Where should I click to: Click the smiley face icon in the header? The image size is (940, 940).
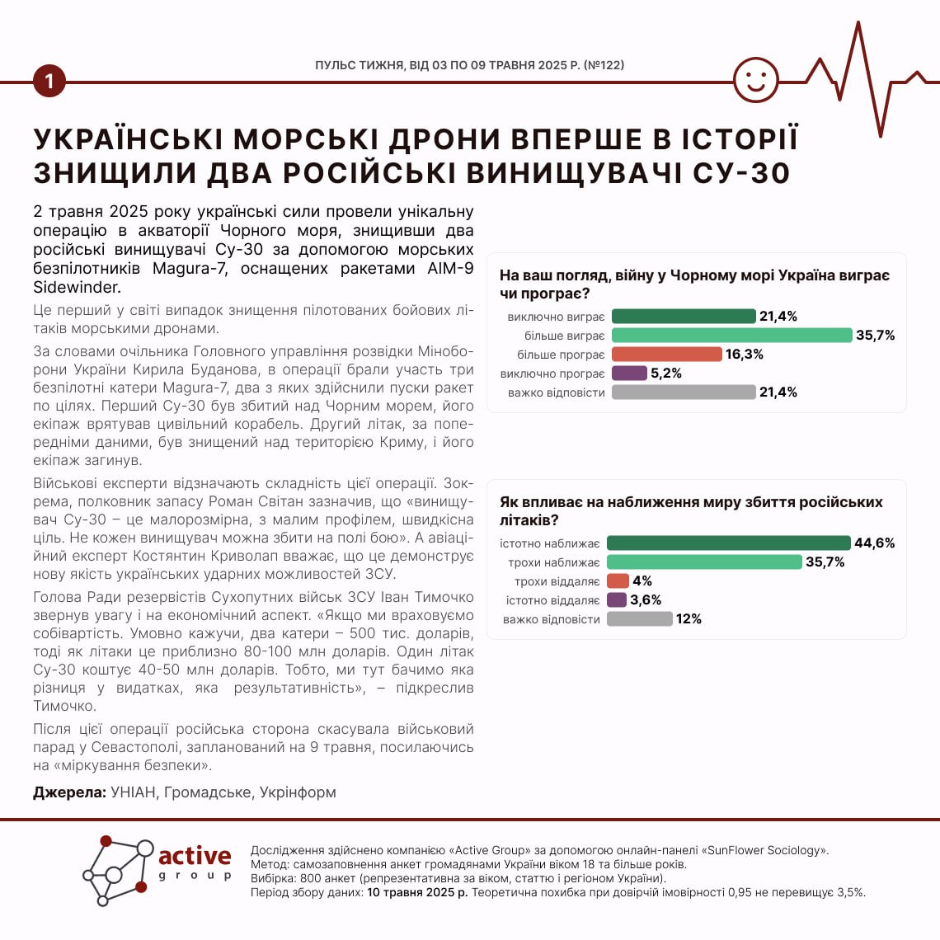[755, 80]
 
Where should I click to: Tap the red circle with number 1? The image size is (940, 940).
[49, 81]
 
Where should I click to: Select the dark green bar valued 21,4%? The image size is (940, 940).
[684, 317]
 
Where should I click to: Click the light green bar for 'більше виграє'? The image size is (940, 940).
[731, 336]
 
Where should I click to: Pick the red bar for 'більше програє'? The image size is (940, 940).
[666, 355]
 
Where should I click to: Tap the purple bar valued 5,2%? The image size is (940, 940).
[629, 374]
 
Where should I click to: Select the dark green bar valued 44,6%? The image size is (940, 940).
[728, 543]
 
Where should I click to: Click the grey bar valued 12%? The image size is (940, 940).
[639, 619]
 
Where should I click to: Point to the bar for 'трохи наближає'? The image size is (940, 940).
[704, 562]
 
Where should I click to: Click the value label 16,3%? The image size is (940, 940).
[745, 355]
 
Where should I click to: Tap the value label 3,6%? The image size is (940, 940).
[646, 600]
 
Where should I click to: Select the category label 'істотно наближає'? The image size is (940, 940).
[550, 543]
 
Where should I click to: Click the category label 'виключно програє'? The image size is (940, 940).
[552, 374]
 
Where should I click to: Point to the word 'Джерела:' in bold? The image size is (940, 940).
[70, 792]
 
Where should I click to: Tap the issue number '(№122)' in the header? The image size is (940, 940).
[604, 64]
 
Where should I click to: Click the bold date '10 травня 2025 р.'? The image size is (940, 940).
[417, 892]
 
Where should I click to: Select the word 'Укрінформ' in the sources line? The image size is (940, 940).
[298, 792]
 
